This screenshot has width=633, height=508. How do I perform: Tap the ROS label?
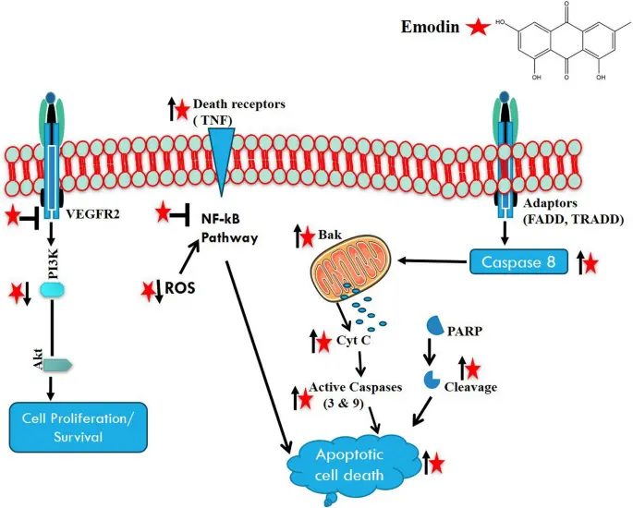tap(179, 286)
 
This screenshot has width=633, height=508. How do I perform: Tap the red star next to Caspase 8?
tap(588, 265)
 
